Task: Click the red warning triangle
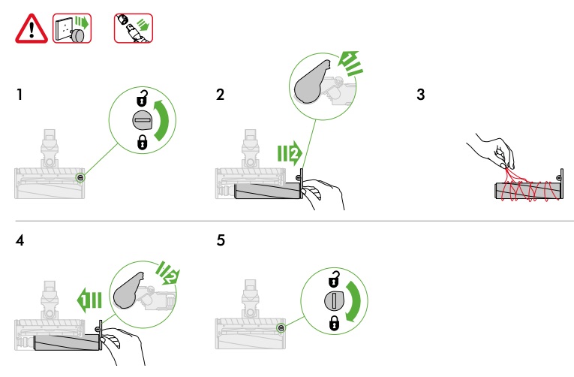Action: click(32, 29)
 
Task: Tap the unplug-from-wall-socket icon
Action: click(72, 29)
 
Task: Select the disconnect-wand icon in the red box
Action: click(134, 29)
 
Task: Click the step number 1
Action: click(20, 95)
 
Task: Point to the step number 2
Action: click(220, 95)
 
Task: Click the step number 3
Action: click(421, 95)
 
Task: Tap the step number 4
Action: click(20, 240)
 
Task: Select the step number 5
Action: click(221, 240)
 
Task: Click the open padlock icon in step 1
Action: click(143, 98)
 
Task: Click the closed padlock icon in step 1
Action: click(143, 142)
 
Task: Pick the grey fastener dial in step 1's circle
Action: click(142, 120)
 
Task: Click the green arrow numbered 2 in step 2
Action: click(290, 153)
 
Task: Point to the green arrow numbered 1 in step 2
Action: click(350, 63)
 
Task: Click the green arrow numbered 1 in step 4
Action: click(89, 300)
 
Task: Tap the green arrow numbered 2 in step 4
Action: click(168, 273)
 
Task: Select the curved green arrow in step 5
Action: click(354, 301)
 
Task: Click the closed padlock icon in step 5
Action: click(334, 323)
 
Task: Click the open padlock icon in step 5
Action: click(334, 279)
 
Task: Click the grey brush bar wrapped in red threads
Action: click(527, 191)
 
